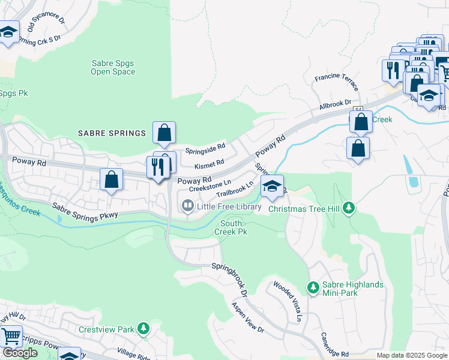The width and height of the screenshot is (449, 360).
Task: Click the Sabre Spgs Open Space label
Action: click(x=113, y=67)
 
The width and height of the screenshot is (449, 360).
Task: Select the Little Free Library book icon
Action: click(x=188, y=206)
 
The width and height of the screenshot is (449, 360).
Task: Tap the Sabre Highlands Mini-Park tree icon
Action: click(x=312, y=288)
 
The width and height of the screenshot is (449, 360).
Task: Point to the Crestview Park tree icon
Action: click(x=142, y=329)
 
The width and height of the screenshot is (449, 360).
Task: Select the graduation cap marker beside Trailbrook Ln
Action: click(x=272, y=187)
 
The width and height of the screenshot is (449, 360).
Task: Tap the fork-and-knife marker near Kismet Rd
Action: click(x=158, y=168)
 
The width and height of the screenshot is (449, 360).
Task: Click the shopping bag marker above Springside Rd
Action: click(x=164, y=133)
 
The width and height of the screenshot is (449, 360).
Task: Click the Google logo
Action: click(x=20, y=353)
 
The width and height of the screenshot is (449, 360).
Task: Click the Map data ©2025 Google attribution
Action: click(x=412, y=355)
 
